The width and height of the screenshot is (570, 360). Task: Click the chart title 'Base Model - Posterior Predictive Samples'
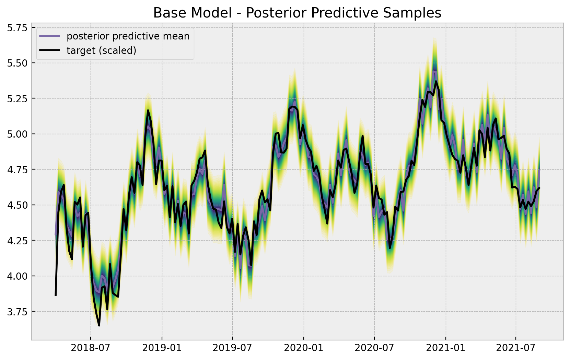pos(297,13)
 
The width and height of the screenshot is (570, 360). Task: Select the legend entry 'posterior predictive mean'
pos(128,36)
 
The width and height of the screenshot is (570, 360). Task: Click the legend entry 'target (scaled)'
pos(102,50)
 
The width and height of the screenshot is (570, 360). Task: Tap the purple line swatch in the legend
pos(50,36)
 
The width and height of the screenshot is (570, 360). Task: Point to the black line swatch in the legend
pos(50,50)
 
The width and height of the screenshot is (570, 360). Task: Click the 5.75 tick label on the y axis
pos(17,27)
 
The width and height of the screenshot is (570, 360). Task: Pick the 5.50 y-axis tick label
pos(17,63)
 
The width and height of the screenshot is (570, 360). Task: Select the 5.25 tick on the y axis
pos(17,98)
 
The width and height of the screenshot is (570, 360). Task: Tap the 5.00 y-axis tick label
pos(17,134)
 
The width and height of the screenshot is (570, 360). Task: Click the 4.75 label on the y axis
pos(17,170)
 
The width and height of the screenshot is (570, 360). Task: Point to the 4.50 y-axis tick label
pos(17,205)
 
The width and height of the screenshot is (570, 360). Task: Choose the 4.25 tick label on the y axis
pos(17,241)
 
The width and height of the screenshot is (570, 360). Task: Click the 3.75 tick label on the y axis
pos(17,312)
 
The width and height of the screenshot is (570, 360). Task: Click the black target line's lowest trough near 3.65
pos(99,325)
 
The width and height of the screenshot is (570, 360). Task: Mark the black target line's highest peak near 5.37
pos(436,81)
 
